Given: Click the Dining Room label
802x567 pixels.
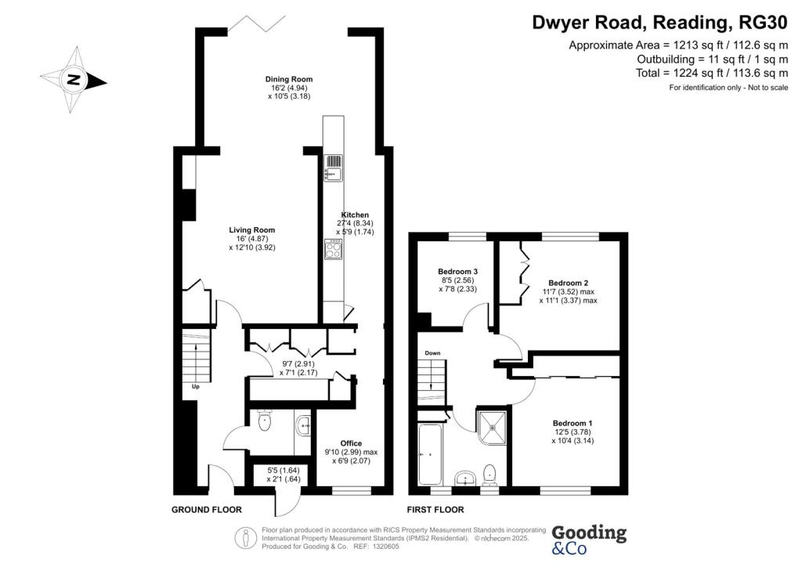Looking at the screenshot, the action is tap(288, 79).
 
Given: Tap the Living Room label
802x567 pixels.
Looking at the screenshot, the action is tap(251, 230).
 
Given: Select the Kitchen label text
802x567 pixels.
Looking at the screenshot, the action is tap(355, 215).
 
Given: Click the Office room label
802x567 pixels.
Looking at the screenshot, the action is tap(351, 443).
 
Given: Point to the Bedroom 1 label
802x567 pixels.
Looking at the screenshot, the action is tap(573, 424).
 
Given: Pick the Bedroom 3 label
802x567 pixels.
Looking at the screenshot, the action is tap(457, 271).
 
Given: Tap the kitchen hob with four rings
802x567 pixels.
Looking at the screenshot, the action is tap(334, 249).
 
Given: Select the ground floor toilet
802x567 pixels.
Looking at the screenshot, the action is tap(265, 421).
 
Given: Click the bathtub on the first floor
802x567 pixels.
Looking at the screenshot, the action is tap(429, 454).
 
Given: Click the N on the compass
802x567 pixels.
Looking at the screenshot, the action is tap(74, 80).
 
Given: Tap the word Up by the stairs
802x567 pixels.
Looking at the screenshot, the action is tap(195, 387).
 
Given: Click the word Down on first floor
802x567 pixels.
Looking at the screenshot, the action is tap(432, 352).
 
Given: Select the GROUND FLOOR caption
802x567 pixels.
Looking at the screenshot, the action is tap(207, 510).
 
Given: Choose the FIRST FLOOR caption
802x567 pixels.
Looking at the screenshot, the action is tap(435, 510).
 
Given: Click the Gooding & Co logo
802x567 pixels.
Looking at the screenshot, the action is tap(589, 540).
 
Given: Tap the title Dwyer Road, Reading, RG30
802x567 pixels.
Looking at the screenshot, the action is tap(660, 23).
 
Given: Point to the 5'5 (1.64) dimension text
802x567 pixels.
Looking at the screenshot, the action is tap(284, 471).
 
